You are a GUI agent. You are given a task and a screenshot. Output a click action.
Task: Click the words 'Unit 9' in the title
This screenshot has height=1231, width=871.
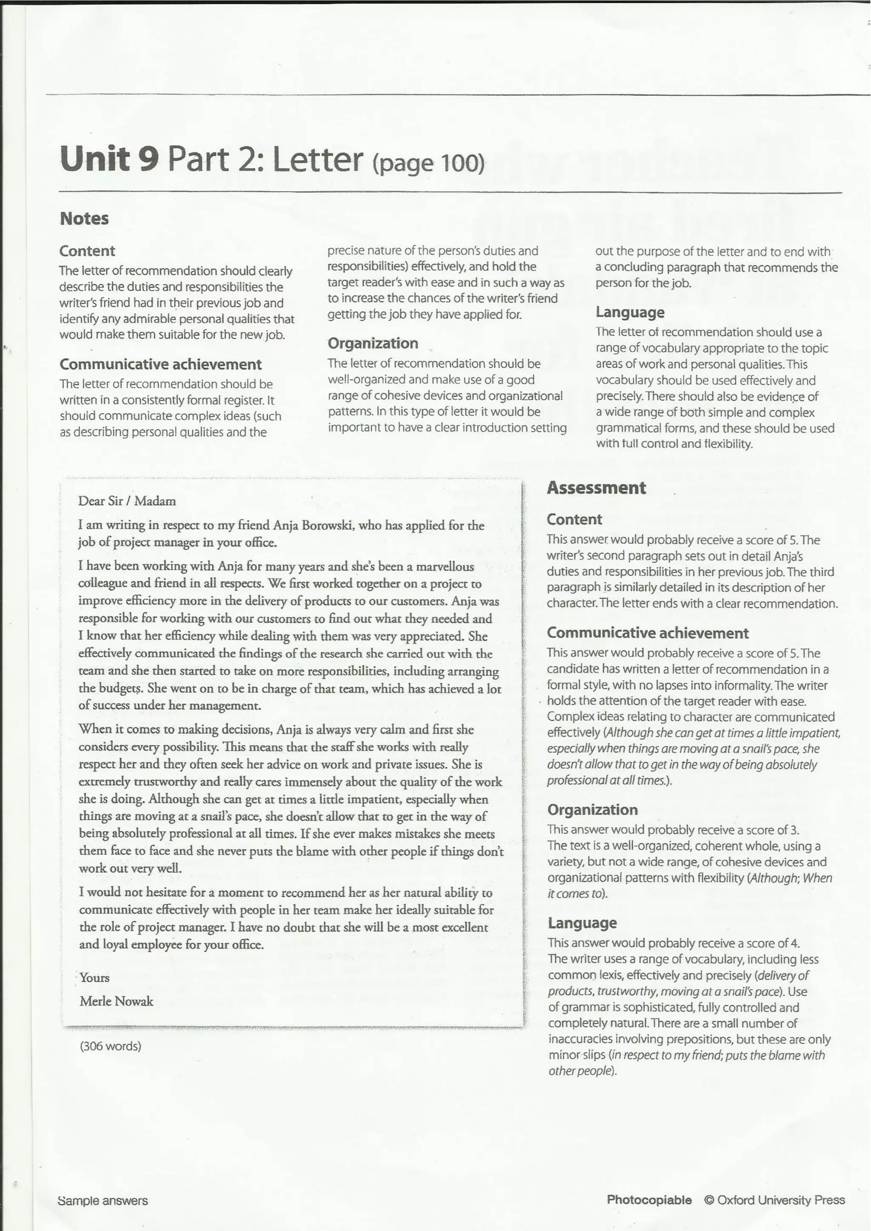109,160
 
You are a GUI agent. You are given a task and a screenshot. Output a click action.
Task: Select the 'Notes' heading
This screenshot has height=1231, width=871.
84,218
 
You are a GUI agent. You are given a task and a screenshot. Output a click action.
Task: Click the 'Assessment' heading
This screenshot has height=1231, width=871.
596,488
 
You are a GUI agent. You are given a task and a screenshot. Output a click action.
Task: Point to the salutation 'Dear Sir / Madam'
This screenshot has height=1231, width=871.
127,501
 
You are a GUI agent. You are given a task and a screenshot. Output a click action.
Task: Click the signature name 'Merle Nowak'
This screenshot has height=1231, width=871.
117,1001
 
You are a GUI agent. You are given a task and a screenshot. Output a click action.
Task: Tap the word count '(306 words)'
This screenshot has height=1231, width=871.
111,1046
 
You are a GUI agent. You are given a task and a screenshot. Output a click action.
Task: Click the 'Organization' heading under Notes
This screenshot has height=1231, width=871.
372,343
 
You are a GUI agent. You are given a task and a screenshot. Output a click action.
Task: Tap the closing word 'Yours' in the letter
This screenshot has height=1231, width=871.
94,978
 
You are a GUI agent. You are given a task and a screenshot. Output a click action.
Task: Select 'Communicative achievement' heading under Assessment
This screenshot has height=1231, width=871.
647,633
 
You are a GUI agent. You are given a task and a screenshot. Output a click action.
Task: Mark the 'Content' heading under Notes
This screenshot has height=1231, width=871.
87,251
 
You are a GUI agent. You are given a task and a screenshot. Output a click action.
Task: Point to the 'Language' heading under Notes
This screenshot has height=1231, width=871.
630,312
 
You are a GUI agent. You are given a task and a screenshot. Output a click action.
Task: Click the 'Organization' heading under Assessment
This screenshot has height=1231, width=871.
592,810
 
